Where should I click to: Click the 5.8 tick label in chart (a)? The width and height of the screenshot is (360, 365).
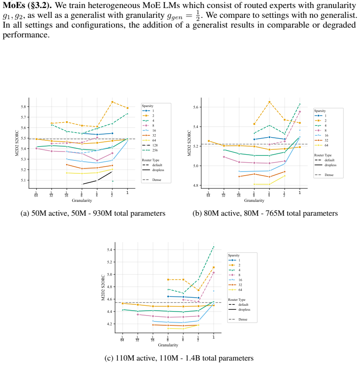coord(23,107)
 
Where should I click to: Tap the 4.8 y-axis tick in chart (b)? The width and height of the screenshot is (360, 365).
coord(196,185)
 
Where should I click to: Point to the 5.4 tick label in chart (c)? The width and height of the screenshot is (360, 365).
coord(109,250)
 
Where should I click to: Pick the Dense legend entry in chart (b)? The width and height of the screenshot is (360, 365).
coord(324,175)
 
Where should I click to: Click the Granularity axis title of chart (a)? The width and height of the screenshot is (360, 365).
coord(82,201)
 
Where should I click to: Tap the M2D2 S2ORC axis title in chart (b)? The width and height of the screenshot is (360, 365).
coord(189,143)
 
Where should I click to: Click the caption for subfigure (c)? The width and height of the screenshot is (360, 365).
coord(179,358)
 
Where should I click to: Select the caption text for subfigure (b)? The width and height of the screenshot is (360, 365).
coord(265,213)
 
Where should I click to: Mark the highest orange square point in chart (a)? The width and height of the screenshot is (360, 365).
coord(112,102)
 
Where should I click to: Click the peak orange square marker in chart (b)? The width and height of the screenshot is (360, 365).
coord(269,102)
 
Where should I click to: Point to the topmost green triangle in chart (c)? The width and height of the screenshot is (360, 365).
coord(214,246)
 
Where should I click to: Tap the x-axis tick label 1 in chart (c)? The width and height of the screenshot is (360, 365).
coord(214,337)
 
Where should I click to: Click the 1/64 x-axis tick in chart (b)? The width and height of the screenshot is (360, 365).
coord(208,194)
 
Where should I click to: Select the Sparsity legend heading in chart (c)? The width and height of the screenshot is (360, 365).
coord(234,255)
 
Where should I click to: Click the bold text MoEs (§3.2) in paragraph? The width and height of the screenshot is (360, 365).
coord(27,5)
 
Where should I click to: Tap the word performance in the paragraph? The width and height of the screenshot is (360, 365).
coord(26,35)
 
